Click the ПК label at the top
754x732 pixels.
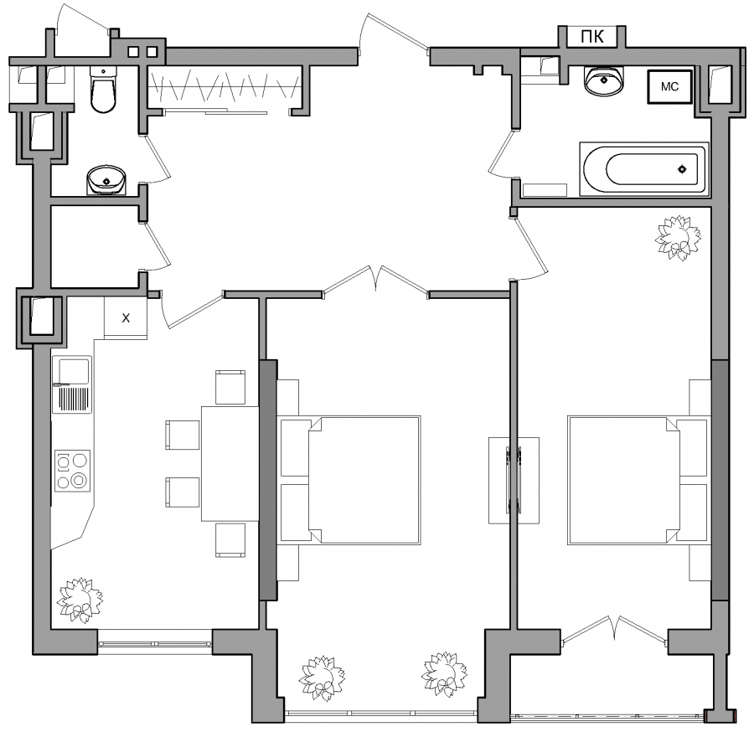click(x=592, y=37)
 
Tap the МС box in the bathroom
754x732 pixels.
click(x=669, y=86)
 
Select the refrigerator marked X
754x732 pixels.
click(x=126, y=318)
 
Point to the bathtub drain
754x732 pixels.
click(x=682, y=169)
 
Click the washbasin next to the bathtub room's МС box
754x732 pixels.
click(x=604, y=80)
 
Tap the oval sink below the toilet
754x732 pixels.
click(x=106, y=180)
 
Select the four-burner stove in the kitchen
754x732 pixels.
click(x=73, y=471)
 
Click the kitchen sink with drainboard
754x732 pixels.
click(x=72, y=384)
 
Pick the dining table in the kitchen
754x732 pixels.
click(x=230, y=463)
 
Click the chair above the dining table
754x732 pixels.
click(x=230, y=387)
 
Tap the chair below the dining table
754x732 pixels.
click(x=230, y=539)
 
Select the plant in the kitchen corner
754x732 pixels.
click(x=80, y=601)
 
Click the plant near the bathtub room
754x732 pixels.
click(x=678, y=238)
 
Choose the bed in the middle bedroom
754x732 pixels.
click(x=350, y=480)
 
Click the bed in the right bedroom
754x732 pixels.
click(x=638, y=480)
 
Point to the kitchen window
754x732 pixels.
click(x=155, y=643)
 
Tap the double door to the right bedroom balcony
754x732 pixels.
click(x=615, y=630)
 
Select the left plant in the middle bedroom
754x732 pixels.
click(x=323, y=678)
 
